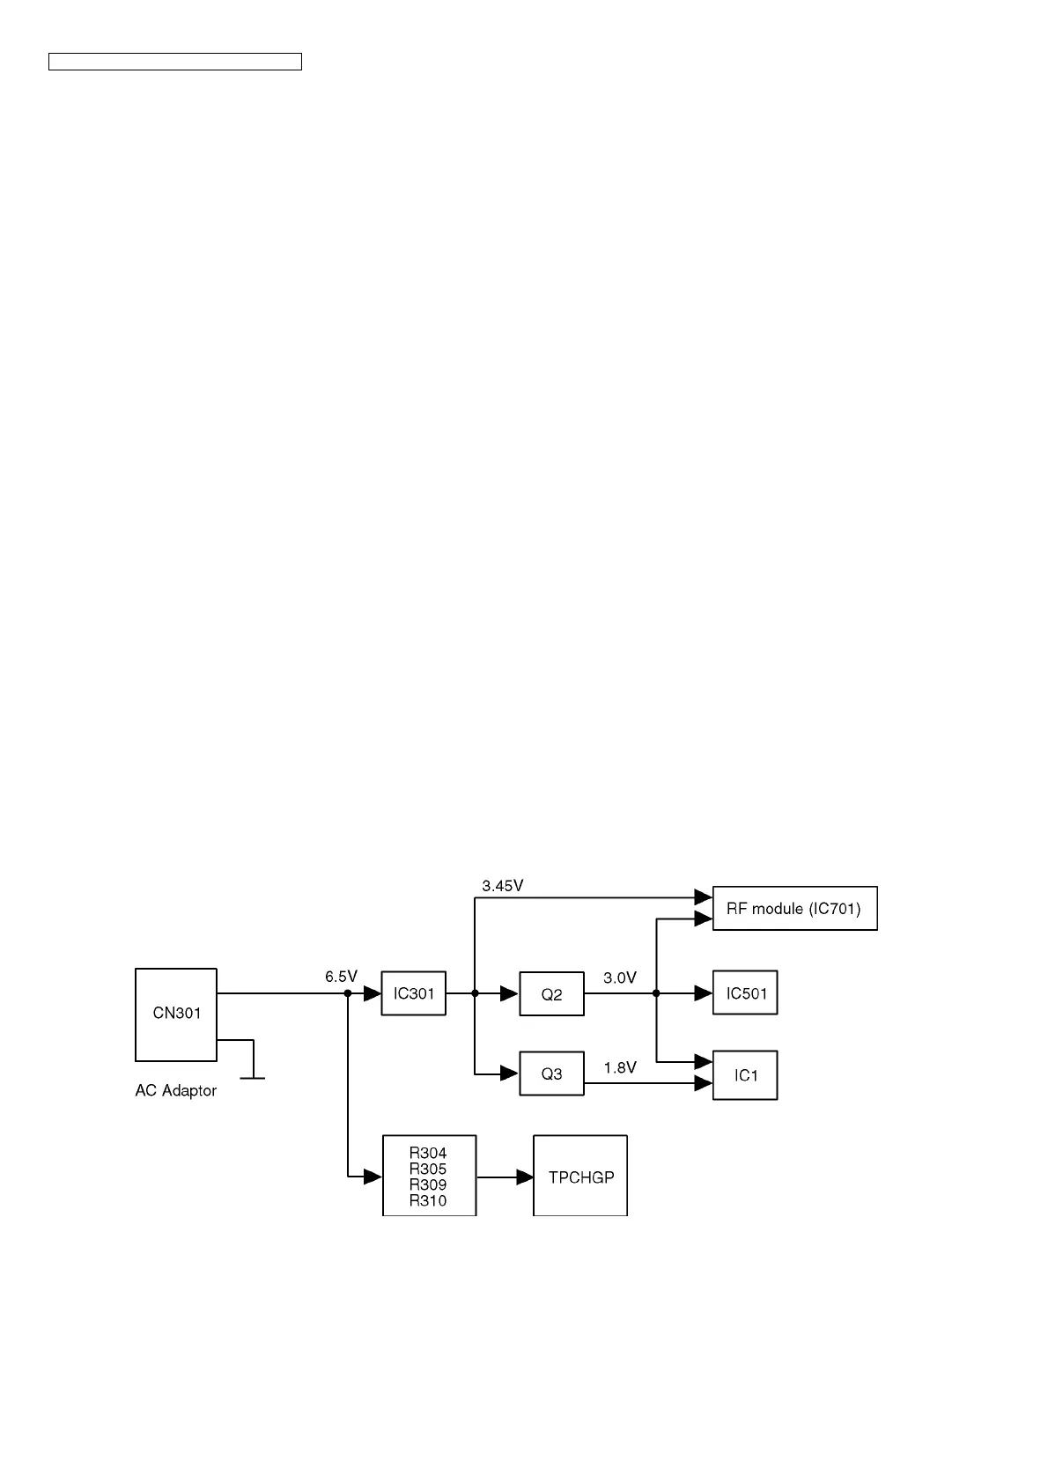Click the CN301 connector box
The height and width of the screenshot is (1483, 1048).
pyautogui.click(x=176, y=1014)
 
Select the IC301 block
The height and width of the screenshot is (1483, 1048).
pyautogui.click(x=413, y=994)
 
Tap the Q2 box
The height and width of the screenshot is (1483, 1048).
pyautogui.click(x=551, y=994)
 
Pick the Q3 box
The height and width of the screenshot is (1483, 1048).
pyautogui.click(x=551, y=1074)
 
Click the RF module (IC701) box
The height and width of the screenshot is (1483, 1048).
pyautogui.click(x=794, y=908)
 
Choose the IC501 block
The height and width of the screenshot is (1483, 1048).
pyautogui.click(x=745, y=993)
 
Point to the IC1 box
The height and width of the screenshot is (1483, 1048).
pyautogui.click(x=745, y=1074)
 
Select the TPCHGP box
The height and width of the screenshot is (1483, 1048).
pyautogui.click(x=580, y=1177)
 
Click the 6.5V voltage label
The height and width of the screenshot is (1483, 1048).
pyautogui.click(x=341, y=977)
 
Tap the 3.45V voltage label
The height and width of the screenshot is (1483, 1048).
pyautogui.click(x=503, y=886)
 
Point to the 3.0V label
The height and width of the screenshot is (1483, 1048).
pyautogui.click(x=620, y=978)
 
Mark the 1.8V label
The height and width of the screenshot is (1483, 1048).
pyautogui.click(x=620, y=1067)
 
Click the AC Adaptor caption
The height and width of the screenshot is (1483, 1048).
pyautogui.click(x=175, y=1091)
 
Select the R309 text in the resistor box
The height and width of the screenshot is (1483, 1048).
pyautogui.click(x=428, y=1184)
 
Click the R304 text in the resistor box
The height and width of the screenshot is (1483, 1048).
pyautogui.click(x=428, y=1153)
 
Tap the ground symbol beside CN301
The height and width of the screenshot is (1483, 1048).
pyautogui.click(x=253, y=1076)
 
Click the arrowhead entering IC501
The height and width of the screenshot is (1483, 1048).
pyautogui.click(x=704, y=993)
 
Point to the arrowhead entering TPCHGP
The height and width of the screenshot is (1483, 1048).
pyautogui.click(x=525, y=1177)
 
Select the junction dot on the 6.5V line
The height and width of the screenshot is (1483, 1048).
pyautogui.click(x=348, y=993)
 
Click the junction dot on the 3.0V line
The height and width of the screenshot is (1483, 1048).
pyautogui.click(x=656, y=993)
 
